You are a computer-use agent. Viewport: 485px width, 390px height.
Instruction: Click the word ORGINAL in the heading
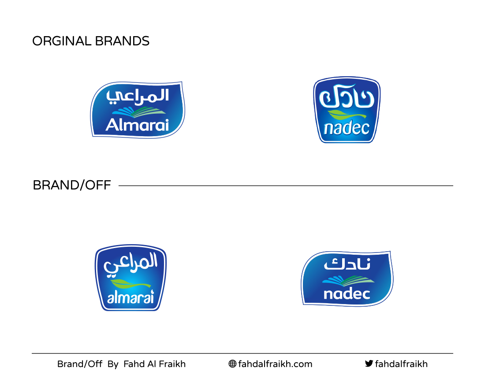click(61, 41)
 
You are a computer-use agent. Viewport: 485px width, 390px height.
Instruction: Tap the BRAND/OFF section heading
click(72, 186)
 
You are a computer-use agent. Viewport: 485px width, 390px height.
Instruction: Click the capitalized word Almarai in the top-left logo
click(137, 125)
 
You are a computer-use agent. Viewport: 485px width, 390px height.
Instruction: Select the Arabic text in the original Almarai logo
click(138, 96)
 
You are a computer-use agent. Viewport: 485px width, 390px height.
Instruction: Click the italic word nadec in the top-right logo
click(347, 128)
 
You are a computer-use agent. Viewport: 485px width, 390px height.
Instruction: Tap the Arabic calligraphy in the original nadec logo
click(347, 96)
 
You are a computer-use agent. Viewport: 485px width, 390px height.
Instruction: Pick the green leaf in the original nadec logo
click(347, 115)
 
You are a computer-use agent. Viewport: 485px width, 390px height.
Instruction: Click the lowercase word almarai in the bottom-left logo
click(131, 297)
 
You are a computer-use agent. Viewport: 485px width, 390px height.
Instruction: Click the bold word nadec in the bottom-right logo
click(347, 294)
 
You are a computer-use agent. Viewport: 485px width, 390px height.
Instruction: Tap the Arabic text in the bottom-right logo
click(347, 264)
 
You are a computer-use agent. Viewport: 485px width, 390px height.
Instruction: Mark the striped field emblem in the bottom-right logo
click(348, 281)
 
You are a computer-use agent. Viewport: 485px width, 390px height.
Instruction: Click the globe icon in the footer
click(233, 364)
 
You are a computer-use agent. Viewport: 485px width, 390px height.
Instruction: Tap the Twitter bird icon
click(369, 364)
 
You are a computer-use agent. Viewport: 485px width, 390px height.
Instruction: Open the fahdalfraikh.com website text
click(275, 364)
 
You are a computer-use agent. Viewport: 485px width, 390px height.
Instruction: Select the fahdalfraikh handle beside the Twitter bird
click(401, 364)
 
